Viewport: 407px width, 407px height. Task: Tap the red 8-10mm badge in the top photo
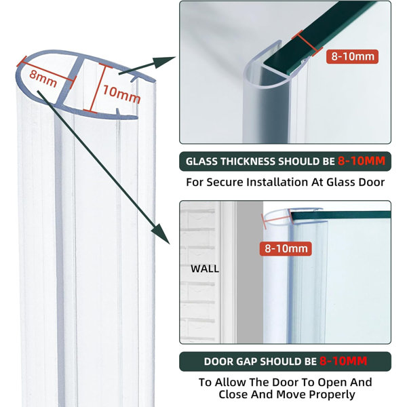coord(351,57)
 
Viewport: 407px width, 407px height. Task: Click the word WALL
coord(204,269)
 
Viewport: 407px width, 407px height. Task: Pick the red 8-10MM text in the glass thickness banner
coord(362,162)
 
